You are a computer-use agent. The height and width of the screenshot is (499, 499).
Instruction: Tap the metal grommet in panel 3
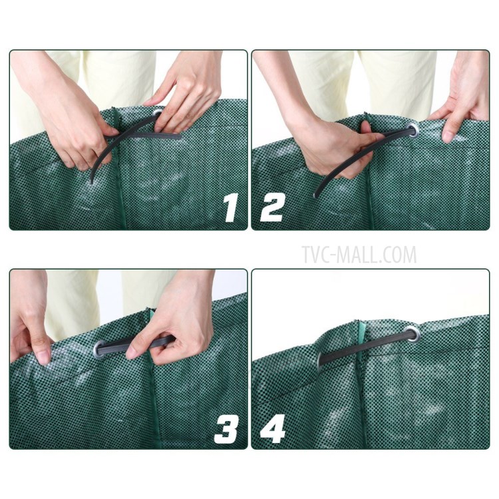click(102, 347)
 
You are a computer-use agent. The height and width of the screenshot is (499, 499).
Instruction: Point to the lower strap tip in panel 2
click(317, 194)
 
